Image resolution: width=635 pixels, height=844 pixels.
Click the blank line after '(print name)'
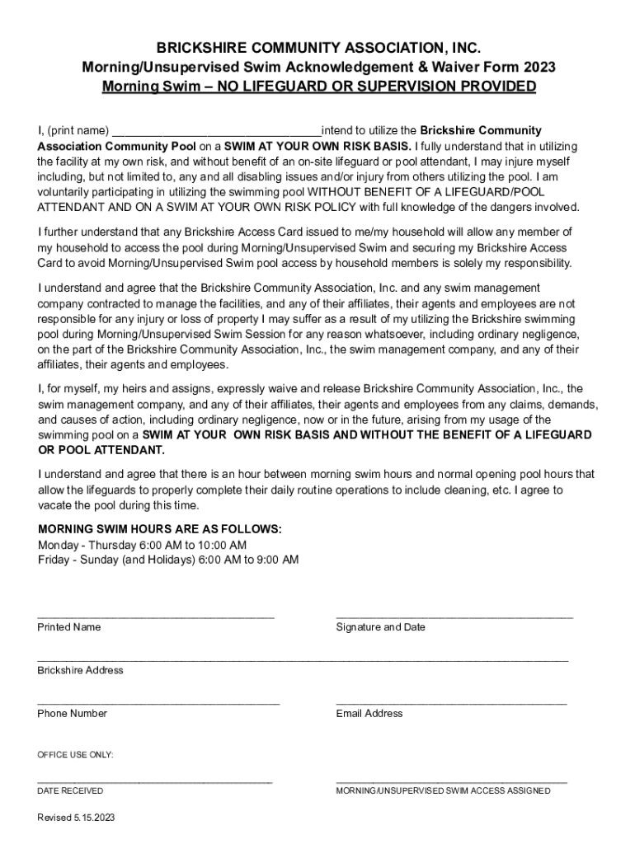pos(216,132)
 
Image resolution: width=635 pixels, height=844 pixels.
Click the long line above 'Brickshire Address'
pos(303,660)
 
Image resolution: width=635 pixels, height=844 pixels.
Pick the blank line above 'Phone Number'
pos(158,703)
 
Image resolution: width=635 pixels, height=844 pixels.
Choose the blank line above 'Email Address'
pos(452,703)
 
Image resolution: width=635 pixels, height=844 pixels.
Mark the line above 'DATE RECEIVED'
pos(155,781)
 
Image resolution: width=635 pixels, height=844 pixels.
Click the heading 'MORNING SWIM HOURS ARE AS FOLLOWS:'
pos(160,529)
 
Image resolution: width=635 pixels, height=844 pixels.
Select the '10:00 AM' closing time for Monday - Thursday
pos(224,545)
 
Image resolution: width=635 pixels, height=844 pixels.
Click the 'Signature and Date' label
pos(381,627)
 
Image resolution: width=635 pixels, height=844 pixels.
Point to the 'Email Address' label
pos(369,714)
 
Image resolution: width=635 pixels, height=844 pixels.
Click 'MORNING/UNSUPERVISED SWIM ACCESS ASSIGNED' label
pos(444,791)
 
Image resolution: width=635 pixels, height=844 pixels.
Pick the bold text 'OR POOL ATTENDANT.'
pos(101,450)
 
